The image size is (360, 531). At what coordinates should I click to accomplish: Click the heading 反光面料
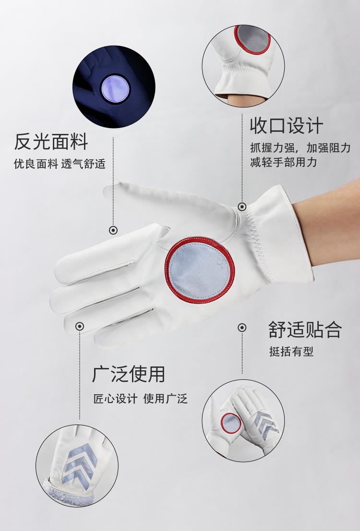pos(51,142)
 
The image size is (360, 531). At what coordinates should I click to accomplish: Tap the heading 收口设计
pos(287,126)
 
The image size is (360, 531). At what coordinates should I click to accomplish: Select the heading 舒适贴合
pos(305,330)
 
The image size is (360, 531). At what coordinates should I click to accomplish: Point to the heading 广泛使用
pos(129,374)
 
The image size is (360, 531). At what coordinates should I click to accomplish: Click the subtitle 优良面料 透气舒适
pos(60,164)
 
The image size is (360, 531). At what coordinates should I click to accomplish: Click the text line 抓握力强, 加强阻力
pos(300,148)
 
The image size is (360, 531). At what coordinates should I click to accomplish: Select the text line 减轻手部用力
pos(283,162)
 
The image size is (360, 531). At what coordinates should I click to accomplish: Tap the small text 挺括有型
pos(291,351)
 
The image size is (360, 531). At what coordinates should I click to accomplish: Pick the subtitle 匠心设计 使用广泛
pos(140,398)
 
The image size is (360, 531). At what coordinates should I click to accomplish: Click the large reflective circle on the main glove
pos(200,270)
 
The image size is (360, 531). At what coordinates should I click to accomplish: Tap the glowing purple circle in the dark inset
pos(115,88)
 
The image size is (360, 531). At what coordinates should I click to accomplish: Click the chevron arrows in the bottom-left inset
pos(80,462)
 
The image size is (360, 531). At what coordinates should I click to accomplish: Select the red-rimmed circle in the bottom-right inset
pos(231,423)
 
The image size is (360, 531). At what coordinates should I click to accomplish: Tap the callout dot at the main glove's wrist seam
pos(242,206)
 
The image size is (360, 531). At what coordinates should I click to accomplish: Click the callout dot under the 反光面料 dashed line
pos(113,230)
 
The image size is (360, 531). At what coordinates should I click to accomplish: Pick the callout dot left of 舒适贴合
pos(242,328)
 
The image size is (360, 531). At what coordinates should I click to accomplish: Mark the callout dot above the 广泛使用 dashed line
pos(80,326)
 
